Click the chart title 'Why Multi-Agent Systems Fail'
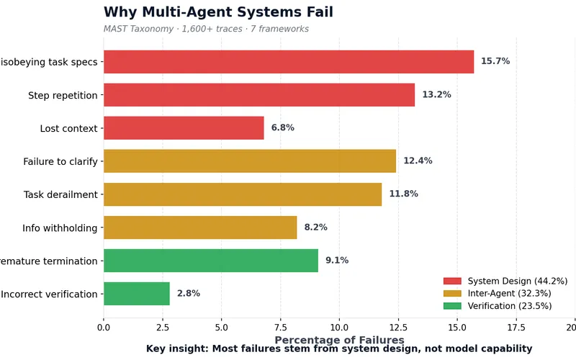218,12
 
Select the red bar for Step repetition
259,95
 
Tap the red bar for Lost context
184,128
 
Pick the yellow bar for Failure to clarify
250,161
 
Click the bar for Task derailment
243,194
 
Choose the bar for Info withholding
200,228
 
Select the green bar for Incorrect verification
137,294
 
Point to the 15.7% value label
495,62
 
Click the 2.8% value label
189,294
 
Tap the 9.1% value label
337,261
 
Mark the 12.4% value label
418,161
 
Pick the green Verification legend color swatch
452,306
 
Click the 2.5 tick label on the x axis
163,326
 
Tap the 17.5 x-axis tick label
516,326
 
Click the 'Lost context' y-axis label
68,128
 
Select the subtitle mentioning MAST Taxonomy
206,30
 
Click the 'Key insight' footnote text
339,348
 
